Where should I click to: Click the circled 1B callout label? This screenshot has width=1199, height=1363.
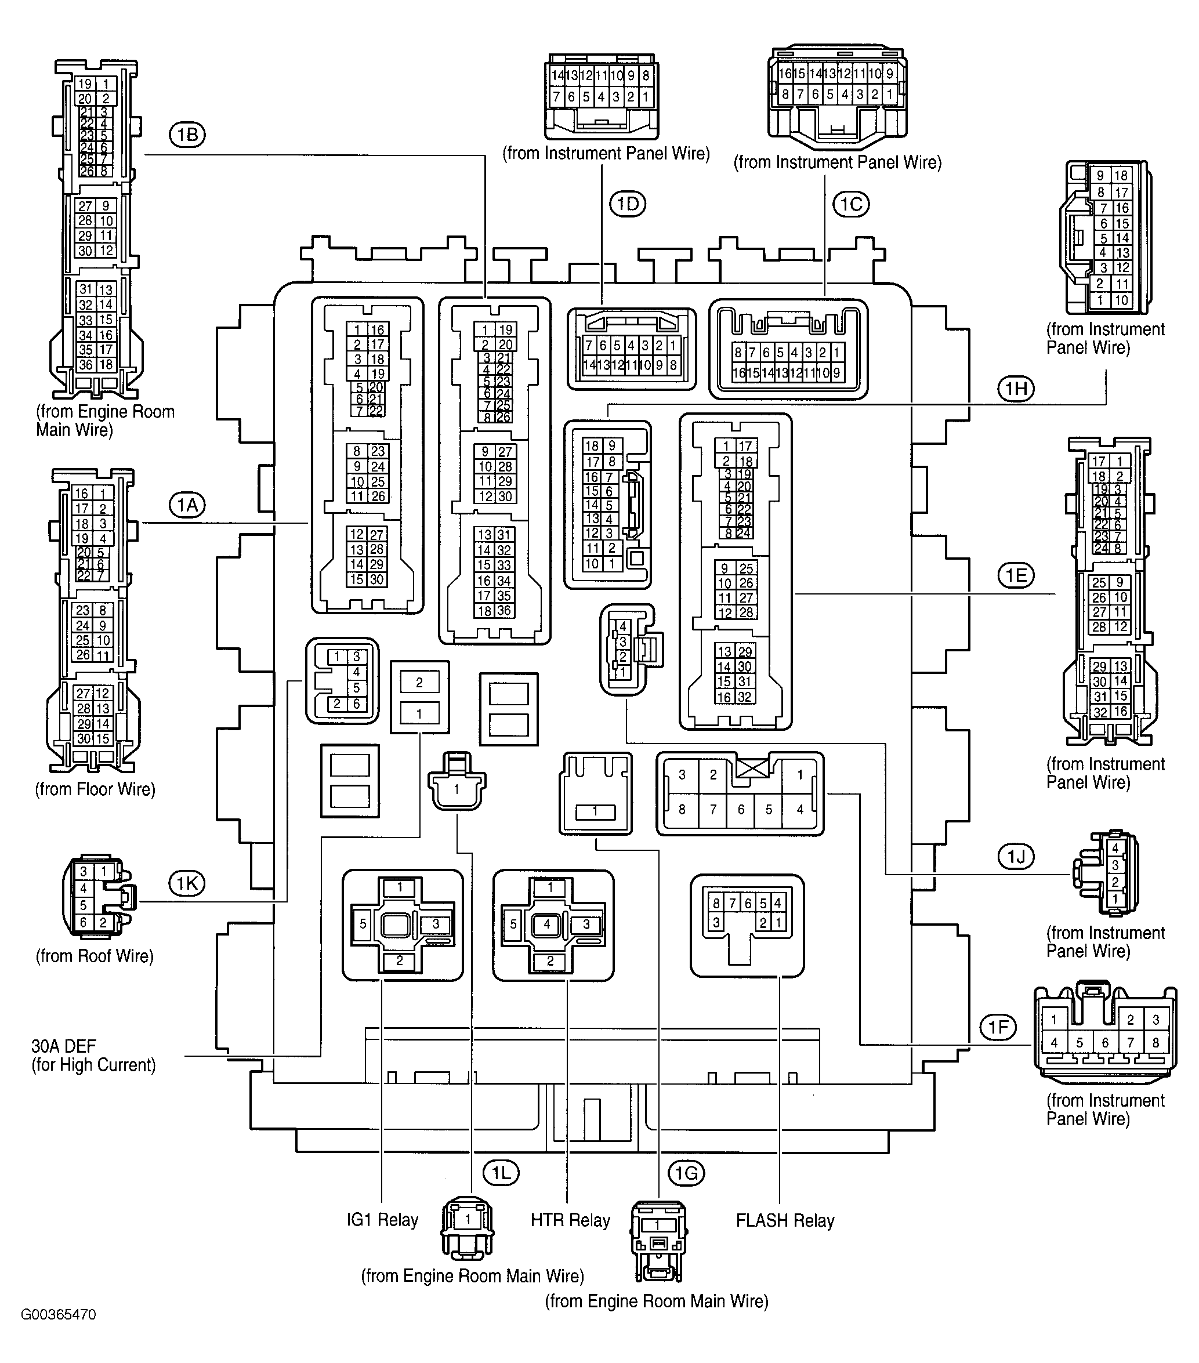coord(187,135)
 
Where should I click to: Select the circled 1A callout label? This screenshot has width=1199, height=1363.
coord(187,505)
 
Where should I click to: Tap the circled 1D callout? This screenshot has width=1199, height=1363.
coord(628,204)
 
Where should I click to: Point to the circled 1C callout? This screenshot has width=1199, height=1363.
coord(851,204)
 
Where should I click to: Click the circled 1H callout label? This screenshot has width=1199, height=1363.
coord(1016,389)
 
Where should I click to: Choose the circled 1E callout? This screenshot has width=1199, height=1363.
coord(1016,575)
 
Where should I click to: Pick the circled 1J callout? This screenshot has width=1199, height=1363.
coord(1016,856)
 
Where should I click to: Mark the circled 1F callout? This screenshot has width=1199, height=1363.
coord(998,1028)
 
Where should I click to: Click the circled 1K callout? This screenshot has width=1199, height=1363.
coord(187,884)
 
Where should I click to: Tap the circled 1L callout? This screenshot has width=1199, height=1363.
coord(501,1173)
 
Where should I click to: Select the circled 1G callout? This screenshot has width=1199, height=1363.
coord(686,1173)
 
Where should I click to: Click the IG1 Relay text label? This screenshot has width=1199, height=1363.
coord(382,1220)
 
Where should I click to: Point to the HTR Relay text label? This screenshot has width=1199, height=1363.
coord(570,1220)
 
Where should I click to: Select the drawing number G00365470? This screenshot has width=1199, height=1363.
coord(59,1315)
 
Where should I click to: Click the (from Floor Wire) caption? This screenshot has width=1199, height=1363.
coord(95,789)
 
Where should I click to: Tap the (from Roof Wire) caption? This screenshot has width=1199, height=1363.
coord(95,956)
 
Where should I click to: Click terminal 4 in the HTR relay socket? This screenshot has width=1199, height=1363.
coord(547,924)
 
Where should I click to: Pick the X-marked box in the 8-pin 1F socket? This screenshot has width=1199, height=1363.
coord(752,769)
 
